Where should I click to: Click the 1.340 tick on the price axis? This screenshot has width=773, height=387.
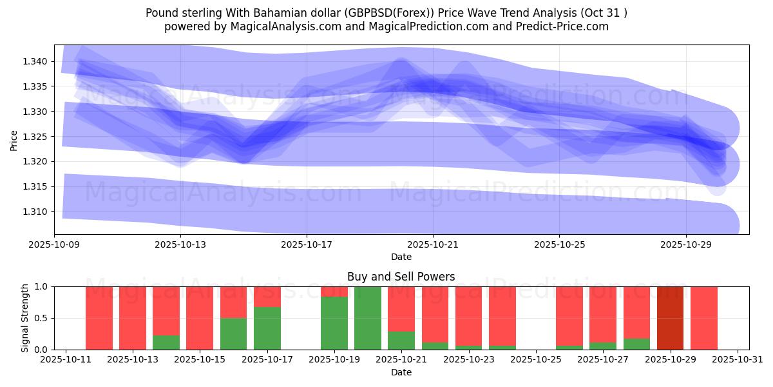tap(36, 61)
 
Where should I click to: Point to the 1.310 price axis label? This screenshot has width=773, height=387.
tap(36, 212)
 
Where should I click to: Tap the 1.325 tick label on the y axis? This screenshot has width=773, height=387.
tap(36, 137)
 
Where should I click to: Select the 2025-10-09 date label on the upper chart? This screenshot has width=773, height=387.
tap(55, 245)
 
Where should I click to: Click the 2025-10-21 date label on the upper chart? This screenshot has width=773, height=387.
tap(433, 245)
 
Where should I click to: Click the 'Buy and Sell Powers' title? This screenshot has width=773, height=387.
tap(401, 277)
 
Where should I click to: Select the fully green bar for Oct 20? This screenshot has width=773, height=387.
tap(368, 318)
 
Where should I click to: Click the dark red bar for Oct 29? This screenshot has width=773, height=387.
tap(670, 318)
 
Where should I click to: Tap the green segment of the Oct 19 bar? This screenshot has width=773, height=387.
tap(334, 323)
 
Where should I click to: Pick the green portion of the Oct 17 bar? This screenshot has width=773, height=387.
tap(267, 328)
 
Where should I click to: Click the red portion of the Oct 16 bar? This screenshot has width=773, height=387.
tap(233, 302)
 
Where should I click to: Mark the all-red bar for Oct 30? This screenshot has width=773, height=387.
tap(704, 318)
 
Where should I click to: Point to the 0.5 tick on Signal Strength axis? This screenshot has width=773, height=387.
tap(43, 318)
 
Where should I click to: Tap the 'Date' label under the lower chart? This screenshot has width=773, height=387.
tap(401, 372)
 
